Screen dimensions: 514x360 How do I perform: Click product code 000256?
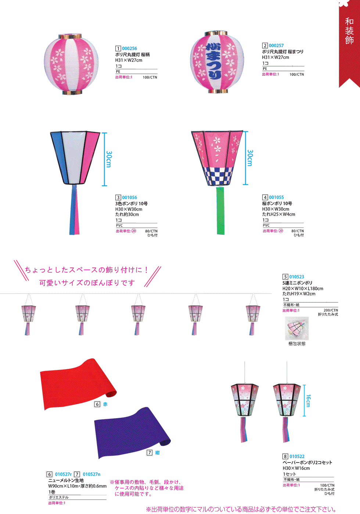[129, 48]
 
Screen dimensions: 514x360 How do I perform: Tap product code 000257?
[276, 46]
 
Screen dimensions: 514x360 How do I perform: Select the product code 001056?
[129, 198]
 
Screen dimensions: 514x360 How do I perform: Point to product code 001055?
[276, 197]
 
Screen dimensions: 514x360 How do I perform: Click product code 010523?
[296, 277]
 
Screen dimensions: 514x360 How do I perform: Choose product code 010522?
[297, 457]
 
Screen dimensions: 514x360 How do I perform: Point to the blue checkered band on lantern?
[218, 176]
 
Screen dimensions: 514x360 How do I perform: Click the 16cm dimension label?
[308, 400]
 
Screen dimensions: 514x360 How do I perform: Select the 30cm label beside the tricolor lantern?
[109, 159]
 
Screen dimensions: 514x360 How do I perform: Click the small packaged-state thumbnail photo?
[297, 328]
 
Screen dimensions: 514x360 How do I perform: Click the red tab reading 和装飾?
[349, 31]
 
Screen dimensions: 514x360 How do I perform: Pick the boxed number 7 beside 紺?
[150, 453]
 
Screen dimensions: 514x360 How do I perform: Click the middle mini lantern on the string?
[138, 314]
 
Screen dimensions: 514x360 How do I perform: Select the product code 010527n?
[91, 474]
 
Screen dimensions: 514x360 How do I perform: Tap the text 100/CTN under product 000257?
[296, 75]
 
